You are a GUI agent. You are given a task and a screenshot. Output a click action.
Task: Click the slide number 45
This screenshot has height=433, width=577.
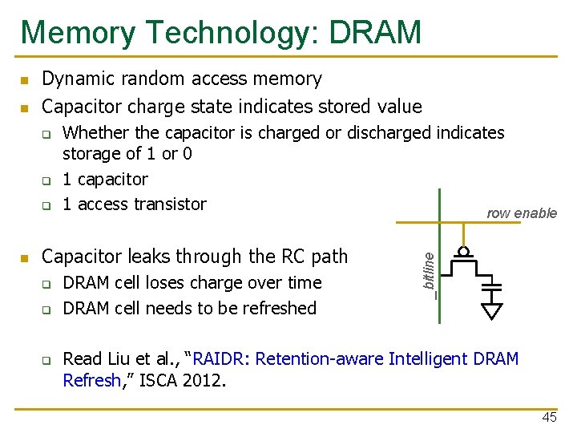coord(549,418)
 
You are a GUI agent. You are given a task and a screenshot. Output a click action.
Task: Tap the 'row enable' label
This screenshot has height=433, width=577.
coord(522,213)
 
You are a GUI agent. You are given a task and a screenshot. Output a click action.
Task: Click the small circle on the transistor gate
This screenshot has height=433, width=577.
coord(463,249)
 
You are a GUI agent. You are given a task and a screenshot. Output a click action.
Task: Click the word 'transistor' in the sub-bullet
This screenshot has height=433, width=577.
coord(166,204)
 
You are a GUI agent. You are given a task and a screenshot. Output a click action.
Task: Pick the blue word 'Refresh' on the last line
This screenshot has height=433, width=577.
coord(91,380)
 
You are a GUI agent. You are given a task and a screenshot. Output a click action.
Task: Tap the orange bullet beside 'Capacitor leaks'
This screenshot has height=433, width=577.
coord(25,258)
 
